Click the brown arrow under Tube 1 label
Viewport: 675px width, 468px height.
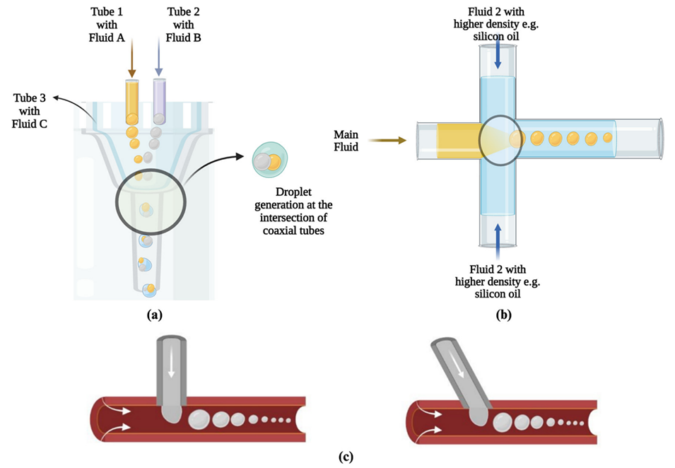pyautogui.click(x=131, y=64)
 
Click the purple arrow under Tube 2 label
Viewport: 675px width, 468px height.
pyautogui.click(x=158, y=64)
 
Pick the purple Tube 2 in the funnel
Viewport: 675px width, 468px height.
pyautogui.click(x=159, y=100)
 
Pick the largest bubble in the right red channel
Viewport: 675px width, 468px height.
pyautogui.click(x=503, y=423)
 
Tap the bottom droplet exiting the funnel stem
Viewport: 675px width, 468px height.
pyautogui.click(x=150, y=289)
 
